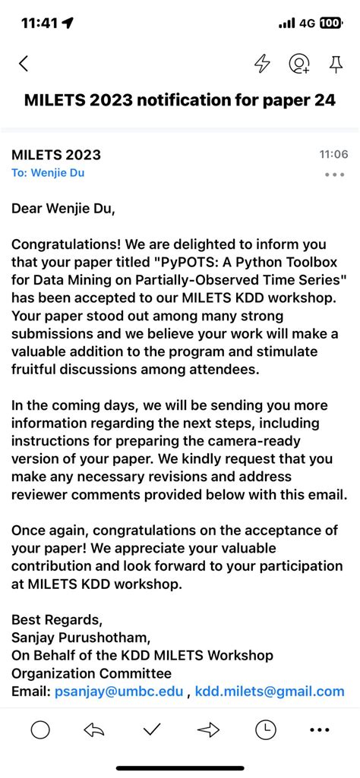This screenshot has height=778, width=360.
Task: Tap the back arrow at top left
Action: point(24,65)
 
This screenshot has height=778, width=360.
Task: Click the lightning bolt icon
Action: point(262,65)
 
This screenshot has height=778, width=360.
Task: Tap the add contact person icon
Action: point(299,65)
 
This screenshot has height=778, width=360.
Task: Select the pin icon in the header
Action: point(336,65)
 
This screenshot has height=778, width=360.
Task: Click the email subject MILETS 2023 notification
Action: point(180,100)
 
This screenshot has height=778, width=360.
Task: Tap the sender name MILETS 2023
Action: point(56,155)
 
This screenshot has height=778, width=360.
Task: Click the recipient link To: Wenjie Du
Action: point(48,173)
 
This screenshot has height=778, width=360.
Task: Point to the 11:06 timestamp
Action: point(333,155)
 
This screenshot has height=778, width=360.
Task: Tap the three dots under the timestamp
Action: point(334,175)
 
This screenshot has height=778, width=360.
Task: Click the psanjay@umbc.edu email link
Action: point(118,691)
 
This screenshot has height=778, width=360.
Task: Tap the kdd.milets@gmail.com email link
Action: point(270,691)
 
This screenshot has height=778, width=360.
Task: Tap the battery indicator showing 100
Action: point(330,24)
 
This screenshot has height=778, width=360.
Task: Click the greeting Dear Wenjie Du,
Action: point(64,208)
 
